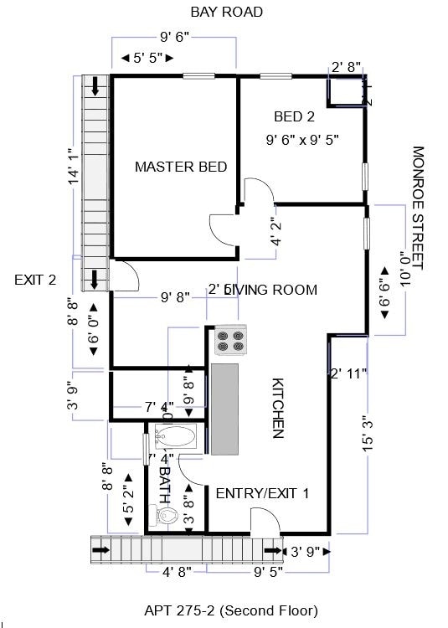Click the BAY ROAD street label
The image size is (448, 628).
[x=226, y=12]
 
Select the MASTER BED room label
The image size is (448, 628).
[x=181, y=167]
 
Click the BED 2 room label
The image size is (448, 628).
[x=294, y=116]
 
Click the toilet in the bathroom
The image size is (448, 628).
[x=167, y=517]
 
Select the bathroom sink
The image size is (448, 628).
[x=175, y=436]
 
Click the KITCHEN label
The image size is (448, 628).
[x=278, y=408]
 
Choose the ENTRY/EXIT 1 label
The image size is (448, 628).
[x=262, y=493]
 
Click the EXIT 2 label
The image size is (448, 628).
[x=35, y=280]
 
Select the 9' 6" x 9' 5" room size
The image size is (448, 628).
[x=302, y=139]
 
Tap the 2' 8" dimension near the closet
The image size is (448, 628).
[x=347, y=67]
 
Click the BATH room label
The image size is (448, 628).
[x=164, y=483]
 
